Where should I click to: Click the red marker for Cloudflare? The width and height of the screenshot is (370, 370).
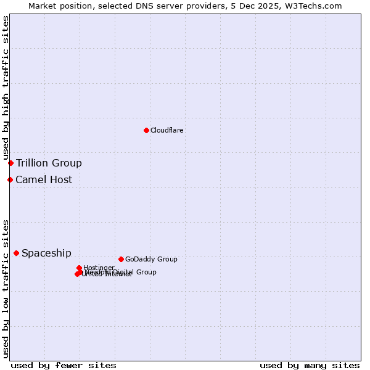(146, 130)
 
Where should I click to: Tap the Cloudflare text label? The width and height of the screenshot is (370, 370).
(166, 131)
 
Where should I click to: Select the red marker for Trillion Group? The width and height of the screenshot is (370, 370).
(10, 163)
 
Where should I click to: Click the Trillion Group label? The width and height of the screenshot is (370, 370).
(49, 163)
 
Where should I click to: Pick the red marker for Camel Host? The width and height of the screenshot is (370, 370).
(10, 179)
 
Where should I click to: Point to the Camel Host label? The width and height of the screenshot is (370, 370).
(44, 180)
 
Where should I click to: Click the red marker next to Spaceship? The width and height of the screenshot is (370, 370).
(16, 253)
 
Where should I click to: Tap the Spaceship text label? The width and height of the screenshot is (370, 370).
(46, 253)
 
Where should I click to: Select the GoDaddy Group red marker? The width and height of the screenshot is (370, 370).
(121, 259)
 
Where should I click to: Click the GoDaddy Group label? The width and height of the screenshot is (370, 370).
(151, 260)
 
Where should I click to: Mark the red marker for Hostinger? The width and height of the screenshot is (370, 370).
(79, 268)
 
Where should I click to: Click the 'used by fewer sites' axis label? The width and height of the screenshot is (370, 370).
(64, 365)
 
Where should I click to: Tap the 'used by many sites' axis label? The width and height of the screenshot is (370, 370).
(310, 365)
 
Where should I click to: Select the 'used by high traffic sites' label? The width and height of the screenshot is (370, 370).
(6, 88)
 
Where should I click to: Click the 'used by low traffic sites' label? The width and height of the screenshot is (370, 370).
(6, 288)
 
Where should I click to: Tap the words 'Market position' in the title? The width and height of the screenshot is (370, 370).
(57, 6)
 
